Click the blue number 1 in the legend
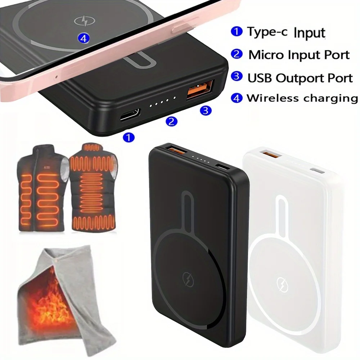(x=237, y=32)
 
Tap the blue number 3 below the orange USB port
(x=205, y=111)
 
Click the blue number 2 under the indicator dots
(x=172, y=122)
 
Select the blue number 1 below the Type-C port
(x=129, y=137)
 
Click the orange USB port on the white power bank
(x=269, y=155)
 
